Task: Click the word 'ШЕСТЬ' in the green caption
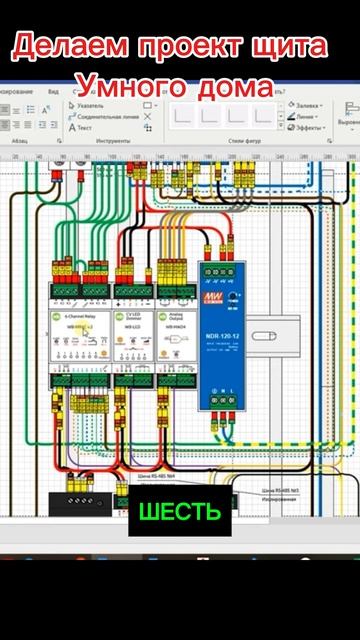(x=180, y=513)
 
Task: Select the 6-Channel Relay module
(x=80, y=336)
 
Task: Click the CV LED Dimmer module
(x=132, y=336)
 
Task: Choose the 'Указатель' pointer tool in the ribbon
(x=88, y=104)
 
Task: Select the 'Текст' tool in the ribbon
(x=82, y=128)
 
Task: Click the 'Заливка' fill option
(x=305, y=104)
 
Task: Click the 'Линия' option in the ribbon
(x=302, y=116)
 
